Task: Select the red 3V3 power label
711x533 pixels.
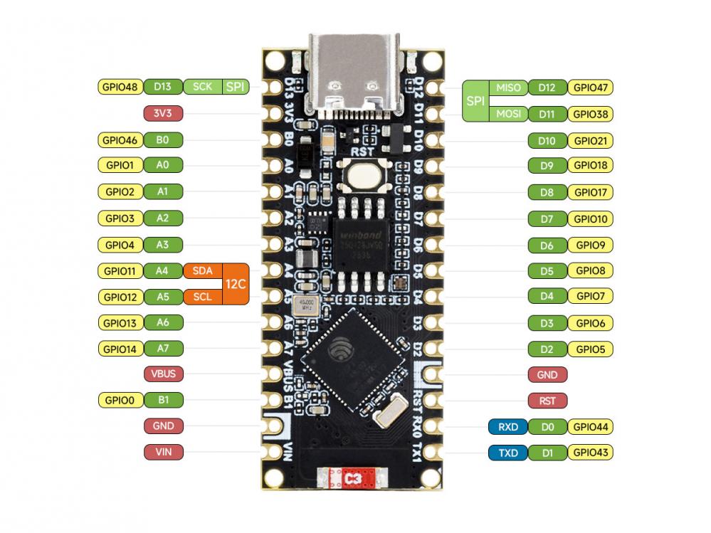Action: coord(163,113)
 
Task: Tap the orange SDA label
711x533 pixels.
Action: coord(202,270)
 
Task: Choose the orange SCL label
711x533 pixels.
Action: coord(202,296)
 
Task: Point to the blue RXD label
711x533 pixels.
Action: coord(507,427)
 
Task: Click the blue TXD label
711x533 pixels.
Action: coord(507,452)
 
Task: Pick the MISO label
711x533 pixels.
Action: coord(508,88)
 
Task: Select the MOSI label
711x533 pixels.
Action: coord(508,113)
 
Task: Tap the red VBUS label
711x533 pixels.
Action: coord(163,373)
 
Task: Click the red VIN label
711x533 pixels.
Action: coord(163,451)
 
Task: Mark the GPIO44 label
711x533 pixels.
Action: coord(591,427)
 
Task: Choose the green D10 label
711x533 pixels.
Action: coord(547,140)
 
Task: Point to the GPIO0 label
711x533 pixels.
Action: coord(119,399)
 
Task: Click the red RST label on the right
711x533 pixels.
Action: coord(547,401)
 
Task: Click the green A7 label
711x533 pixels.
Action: coord(163,349)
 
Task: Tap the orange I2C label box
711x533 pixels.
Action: coord(236,283)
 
